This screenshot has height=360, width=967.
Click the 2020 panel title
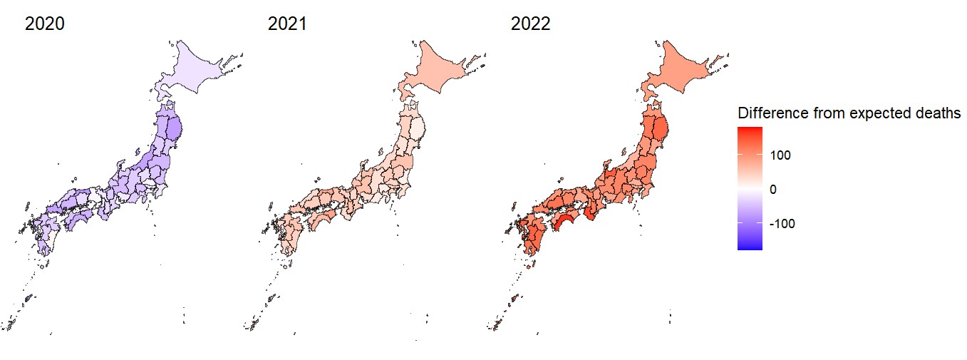[x=45, y=24]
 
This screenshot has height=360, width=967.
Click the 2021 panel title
[x=287, y=24]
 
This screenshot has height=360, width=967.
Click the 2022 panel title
[x=530, y=24]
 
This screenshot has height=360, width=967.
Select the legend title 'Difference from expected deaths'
[x=849, y=113]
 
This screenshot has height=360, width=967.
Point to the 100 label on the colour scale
[x=780, y=155]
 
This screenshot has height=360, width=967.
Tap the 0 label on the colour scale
[x=773, y=190]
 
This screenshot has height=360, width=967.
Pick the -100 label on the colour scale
[x=782, y=224]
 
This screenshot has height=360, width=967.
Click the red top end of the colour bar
[x=750, y=130]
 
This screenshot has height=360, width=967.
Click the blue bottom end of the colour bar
[x=750, y=247]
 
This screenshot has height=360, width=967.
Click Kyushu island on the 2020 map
[x=43, y=232]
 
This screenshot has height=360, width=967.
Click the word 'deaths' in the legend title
[x=939, y=113]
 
